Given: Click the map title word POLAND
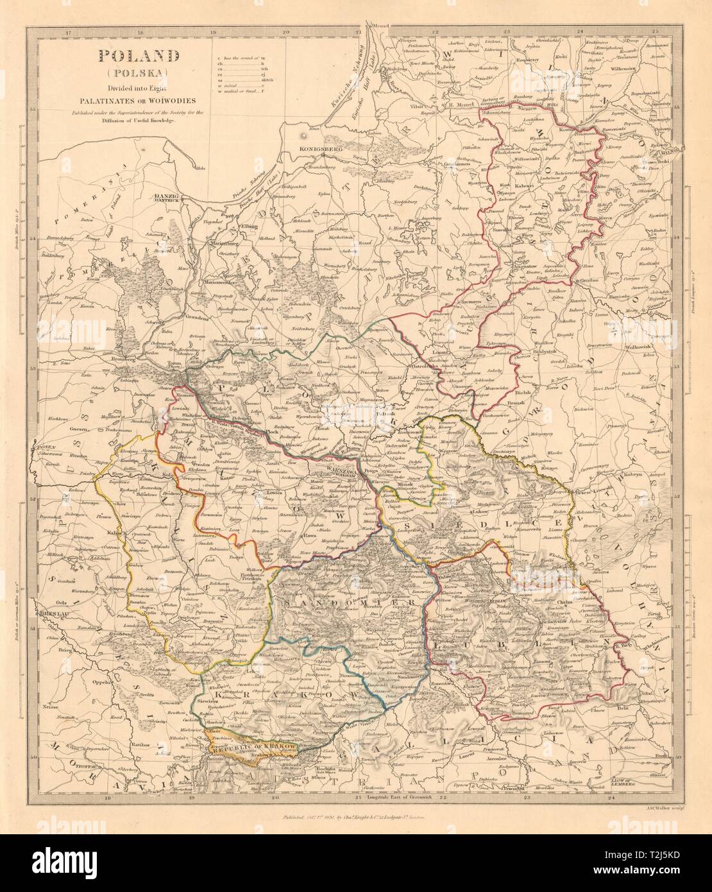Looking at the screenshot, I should pos(138,56).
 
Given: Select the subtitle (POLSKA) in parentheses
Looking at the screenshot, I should pos(138,73).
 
